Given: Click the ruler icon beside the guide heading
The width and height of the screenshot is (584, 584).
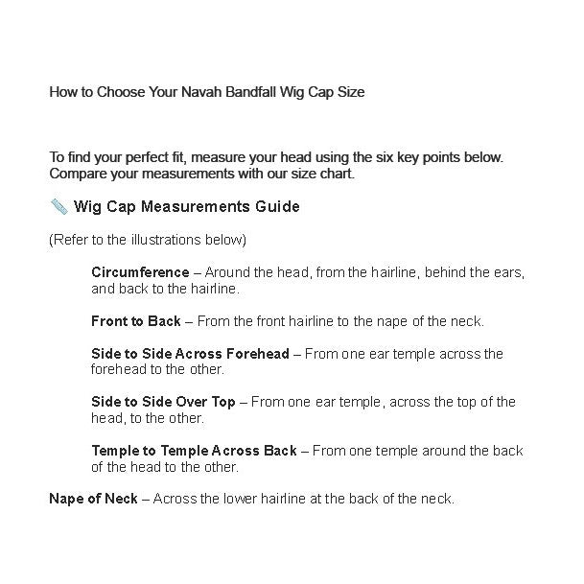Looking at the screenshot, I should click(x=58, y=206).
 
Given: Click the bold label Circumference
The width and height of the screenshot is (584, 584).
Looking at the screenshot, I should click(x=140, y=272).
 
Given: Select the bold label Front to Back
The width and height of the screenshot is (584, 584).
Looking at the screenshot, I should click(x=135, y=321).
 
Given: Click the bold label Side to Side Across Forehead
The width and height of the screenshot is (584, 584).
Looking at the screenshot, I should click(x=190, y=354).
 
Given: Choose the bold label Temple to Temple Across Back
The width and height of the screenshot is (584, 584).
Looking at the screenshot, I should click(x=194, y=451).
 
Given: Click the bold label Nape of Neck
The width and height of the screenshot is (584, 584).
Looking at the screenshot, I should click(x=93, y=499).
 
